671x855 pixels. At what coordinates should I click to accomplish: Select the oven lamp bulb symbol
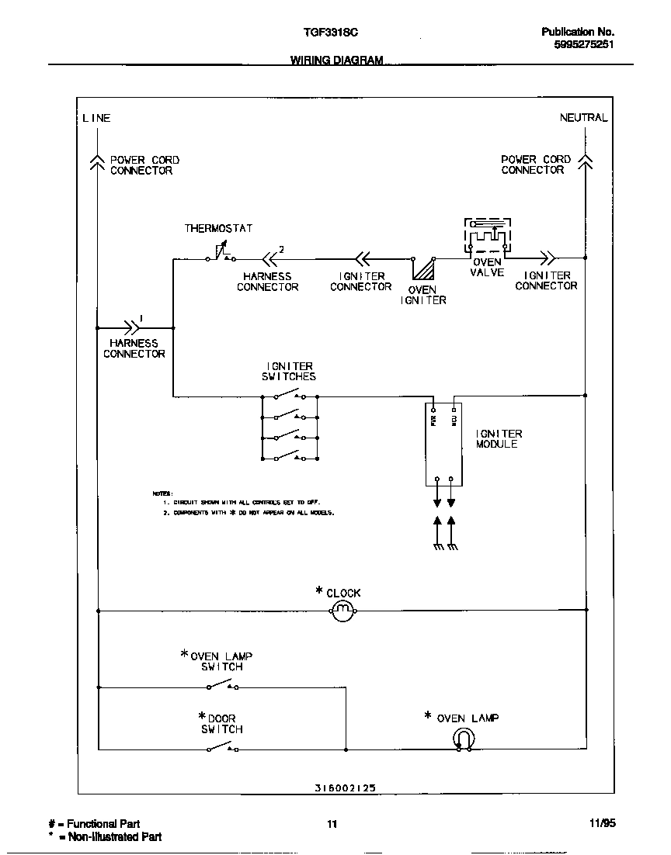coord(464,740)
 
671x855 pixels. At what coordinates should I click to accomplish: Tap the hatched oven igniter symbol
coord(423,269)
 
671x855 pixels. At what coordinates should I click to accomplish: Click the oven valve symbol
coord(488,237)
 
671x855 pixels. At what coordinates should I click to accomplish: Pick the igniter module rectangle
coord(444,444)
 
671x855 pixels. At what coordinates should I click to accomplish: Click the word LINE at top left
coord(96,118)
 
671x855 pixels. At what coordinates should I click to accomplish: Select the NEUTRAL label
coord(583,117)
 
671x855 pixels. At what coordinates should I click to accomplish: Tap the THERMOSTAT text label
coord(218,228)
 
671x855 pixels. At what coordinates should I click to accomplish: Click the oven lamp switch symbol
coord(222,686)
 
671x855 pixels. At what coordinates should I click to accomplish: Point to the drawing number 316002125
coord(346,787)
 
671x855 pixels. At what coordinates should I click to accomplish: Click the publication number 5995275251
coord(583,45)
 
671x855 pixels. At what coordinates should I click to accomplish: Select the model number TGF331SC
coord(330,32)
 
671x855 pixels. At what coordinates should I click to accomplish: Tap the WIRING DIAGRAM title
coord(336,60)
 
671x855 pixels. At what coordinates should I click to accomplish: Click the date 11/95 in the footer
coord(602,824)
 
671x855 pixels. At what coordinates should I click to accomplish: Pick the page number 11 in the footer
coord(332,825)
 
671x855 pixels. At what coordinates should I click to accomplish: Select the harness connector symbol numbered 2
coord(270,258)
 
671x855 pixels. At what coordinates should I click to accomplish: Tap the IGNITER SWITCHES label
coord(289,371)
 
